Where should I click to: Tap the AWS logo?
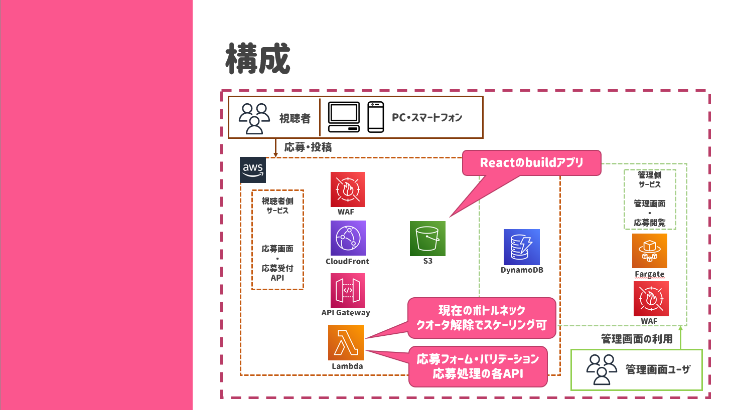[253, 170]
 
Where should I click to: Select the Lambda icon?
[346, 342]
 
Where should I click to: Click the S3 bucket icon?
[427, 238]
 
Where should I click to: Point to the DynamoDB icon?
[522, 247]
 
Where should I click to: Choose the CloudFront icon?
[348, 238]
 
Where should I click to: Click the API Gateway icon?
[348, 290]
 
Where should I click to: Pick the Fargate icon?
[649, 251]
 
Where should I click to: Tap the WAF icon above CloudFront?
[348, 189]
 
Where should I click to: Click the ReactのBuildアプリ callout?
[531, 163]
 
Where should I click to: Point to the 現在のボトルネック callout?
[482, 318]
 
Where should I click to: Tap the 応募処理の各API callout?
[478, 366]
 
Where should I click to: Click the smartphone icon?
[375, 117]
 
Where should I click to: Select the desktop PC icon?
[344, 117]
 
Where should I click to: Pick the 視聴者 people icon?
[254, 118]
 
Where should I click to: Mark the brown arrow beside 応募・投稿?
[276, 147]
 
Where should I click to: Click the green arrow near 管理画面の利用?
[681, 338]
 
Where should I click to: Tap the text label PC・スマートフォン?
[426, 118]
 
